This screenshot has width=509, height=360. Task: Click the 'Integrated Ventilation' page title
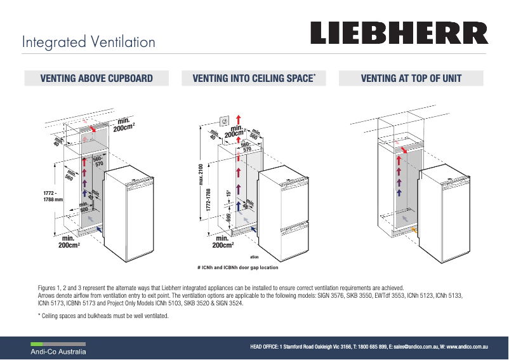88,43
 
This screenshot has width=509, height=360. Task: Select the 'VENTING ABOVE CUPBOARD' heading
96,79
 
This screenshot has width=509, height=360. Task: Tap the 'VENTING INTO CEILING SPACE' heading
253,79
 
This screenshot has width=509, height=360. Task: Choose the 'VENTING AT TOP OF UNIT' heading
411,79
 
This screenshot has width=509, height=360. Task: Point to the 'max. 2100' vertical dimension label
201,175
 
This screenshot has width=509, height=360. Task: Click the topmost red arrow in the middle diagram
238,120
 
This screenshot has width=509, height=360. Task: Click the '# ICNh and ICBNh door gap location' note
238,267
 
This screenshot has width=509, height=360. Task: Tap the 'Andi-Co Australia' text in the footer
60,351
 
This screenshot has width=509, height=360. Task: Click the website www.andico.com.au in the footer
466,347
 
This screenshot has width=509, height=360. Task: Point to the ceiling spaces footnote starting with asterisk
103,316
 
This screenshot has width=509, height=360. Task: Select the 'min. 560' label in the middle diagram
253,135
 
